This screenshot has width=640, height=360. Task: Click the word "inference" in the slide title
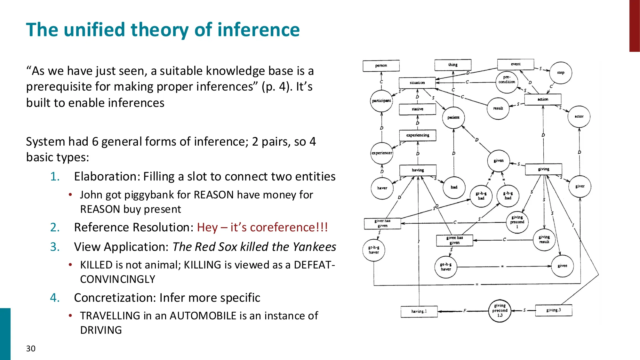(x=258, y=29)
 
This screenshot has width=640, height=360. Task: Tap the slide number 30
(x=31, y=348)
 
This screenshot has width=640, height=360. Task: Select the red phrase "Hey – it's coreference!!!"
(x=262, y=227)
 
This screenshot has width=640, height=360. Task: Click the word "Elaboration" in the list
(x=107, y=176)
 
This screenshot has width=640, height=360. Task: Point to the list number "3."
(x=55, y=247)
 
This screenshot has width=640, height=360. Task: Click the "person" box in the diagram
(x=381, y=66)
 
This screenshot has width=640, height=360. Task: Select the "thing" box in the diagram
(x=452, y=65)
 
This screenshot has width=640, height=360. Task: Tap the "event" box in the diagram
(x=515, y=64)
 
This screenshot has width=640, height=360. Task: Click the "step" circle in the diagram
(x=560, y=73)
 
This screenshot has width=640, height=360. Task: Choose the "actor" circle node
(x=579, y=116)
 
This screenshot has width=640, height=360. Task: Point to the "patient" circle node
(x=453, y=117)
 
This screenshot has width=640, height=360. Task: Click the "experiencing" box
(x=417, y=135)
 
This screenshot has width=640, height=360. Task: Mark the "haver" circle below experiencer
(x=382, y=188)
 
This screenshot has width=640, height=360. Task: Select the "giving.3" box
(x=553, y=310)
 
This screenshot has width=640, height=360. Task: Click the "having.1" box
(x=419, y=311)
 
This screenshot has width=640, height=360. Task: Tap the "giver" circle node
(x=580, y=186)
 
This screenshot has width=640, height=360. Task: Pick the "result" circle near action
(x=498, y=108)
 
